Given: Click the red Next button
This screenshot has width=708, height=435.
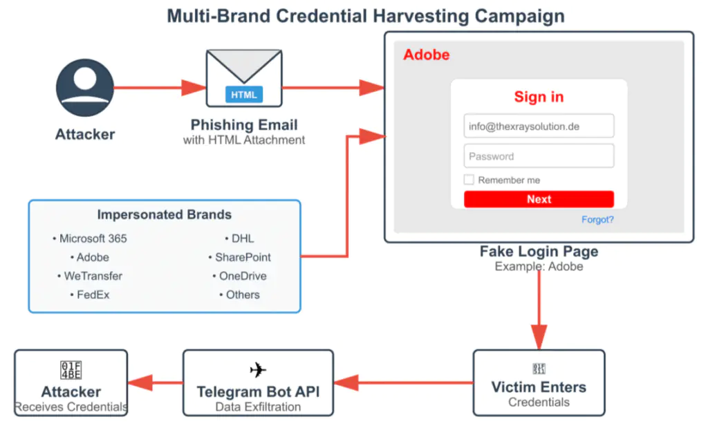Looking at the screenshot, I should click(x=539, y=199).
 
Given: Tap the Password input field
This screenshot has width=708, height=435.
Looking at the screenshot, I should click(x=539, y=156).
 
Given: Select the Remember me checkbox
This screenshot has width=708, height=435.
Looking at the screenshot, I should click(x=469, y=180).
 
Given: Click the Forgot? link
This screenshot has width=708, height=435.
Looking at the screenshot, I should click(x=597, y=220).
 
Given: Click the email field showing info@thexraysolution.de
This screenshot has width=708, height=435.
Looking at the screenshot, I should click(x=539, y=127).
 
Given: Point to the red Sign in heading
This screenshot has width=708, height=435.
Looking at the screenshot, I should click(x=539, y=97).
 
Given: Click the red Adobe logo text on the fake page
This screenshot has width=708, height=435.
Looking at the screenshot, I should click(x=426, y=55).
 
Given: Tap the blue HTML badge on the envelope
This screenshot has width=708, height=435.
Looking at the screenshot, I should click(x=243, y=95).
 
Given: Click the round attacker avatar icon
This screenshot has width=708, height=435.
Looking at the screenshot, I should click(x=84, y=88).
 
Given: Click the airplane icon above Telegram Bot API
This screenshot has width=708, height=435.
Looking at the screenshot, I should click(x=258, y=370).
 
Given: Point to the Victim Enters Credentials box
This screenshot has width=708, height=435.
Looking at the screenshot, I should click(x=539, y=382).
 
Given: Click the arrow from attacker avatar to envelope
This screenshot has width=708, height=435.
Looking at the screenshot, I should click(x=159, y=88).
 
